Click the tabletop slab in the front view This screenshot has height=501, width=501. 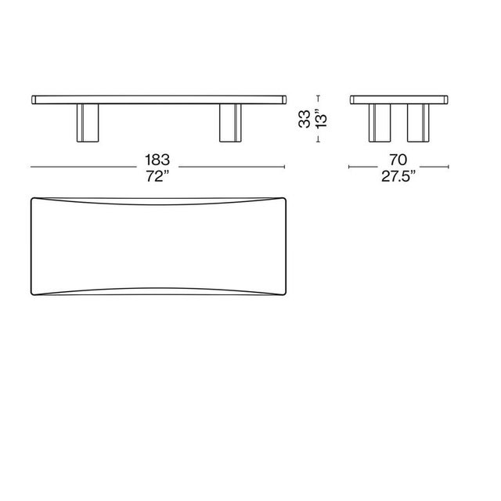[158, 99]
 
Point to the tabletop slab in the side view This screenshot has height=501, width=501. [399, 99]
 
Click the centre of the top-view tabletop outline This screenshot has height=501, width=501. [158, 246]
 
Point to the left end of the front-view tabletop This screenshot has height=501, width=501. [33, 99]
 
